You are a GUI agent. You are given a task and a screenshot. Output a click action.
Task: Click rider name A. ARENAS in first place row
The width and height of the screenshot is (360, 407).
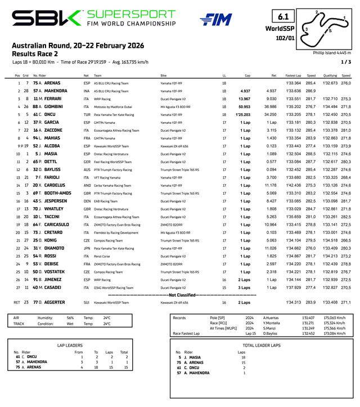point(52,83)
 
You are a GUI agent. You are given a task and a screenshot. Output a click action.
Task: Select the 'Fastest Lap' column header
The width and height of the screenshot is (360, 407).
point(294,75)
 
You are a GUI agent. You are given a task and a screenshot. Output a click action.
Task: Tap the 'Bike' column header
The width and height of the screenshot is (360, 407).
point(164,75)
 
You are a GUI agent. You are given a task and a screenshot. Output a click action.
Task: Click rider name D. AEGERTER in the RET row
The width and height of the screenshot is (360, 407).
point(55,302)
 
